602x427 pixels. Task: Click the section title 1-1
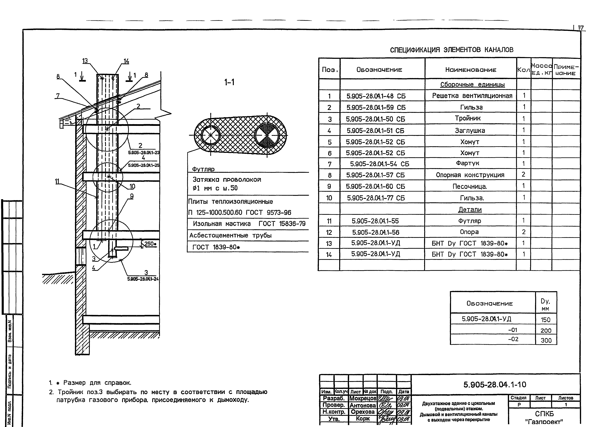pos(229,83)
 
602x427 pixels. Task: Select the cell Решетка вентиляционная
pos(472,96)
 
